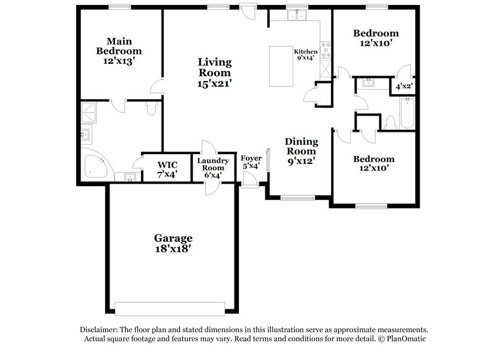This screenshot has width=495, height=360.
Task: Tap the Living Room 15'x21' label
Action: pyautogui.click(x=215, y=72)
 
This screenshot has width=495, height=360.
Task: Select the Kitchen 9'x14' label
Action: pyautogui.click(x=305, y=54)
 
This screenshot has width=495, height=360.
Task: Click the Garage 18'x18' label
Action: pyautogui.click(x=173, y=243)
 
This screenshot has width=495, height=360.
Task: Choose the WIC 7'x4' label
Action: pyautogui.click(x=167, y=169)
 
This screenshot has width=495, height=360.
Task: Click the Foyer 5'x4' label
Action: pyautogui.click(x=251, y=163)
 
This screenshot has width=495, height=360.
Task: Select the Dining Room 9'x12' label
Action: pyautogui.click(x=301, y=151)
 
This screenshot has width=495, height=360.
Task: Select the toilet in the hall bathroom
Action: pyautogui.click(x=390, y=122)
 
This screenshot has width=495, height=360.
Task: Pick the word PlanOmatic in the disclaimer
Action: pyautogui.click(x=406, y=340)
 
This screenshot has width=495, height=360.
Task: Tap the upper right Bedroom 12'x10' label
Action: pyautogui.click(x=376, y=38)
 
